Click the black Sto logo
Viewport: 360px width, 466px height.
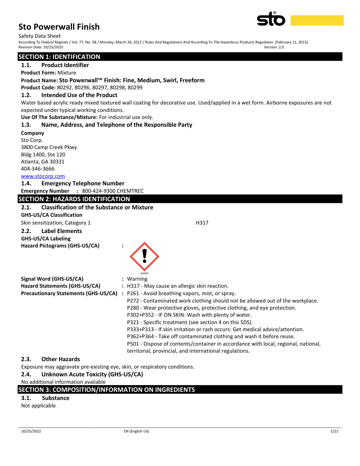tap(271, 19)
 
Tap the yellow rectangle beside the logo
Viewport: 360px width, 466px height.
tap(317, 20)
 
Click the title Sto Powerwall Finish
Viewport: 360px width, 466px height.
tap(59, 27)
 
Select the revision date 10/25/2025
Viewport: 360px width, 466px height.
tap(53, 47)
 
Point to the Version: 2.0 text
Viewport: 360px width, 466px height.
tap(274, 47)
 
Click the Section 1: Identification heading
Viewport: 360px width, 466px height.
tap(59, 57)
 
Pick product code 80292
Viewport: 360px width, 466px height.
tap(64, 88)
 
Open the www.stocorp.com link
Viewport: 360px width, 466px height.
tap(43, 176)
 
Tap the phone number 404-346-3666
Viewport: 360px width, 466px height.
tap(37, 169)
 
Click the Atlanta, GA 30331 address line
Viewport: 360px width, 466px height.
tap(42, 162)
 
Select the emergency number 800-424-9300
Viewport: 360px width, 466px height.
tap(98, 191)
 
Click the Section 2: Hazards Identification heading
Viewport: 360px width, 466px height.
tap(74, 199)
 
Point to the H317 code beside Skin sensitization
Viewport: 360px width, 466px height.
tap(202, 223)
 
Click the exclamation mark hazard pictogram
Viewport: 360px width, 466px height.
tap(144, 257)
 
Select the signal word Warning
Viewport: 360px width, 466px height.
tap(137, 279)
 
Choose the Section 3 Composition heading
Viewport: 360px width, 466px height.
tap(106, 390)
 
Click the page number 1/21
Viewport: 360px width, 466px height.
tap(334, 431)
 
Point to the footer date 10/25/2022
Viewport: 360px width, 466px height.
tap(31, 431)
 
